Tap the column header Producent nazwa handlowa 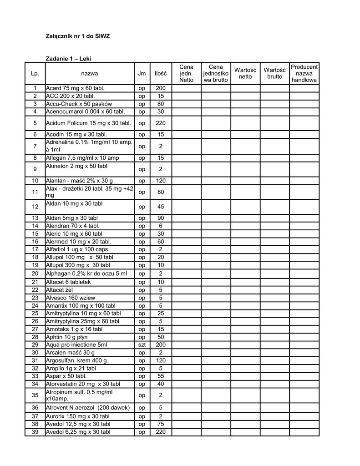[304, 73]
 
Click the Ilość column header [161, 73]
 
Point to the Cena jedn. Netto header [186, 73]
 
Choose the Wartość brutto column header [274, 73]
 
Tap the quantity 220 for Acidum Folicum [161, 123]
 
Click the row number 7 [35, 146]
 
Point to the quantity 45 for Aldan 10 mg [161, 207]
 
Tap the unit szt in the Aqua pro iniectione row [142, 345]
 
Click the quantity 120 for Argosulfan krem [161, 360]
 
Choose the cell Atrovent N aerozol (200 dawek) [88, 407]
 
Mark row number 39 [35, 432]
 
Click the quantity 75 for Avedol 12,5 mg [161, 424]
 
